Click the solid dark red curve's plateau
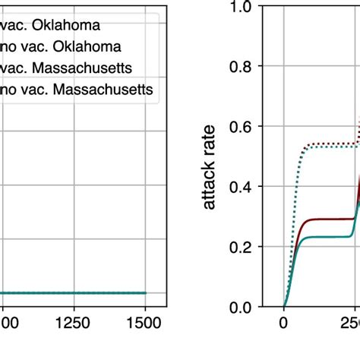click(327, 219)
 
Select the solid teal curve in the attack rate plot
click(327, 237)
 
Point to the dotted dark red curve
click(327, 142)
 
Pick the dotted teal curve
click(327, 147)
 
